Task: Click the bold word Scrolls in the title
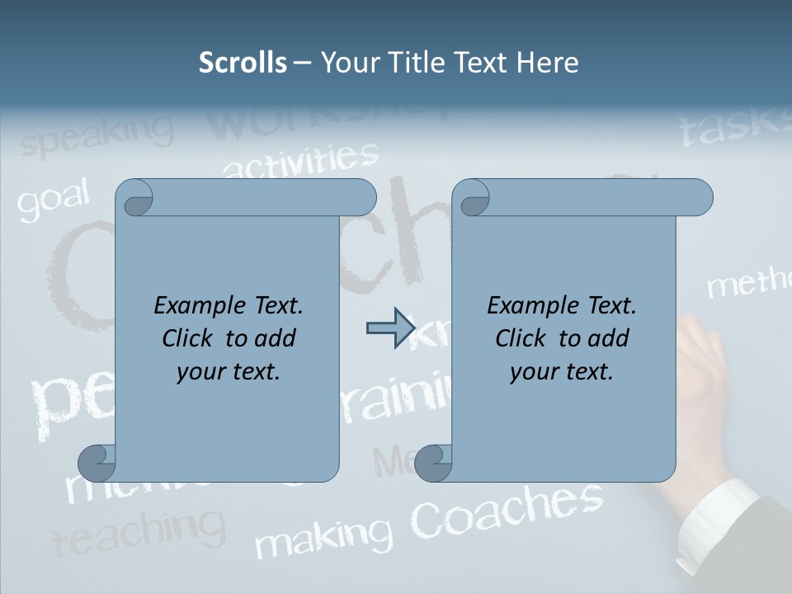tap(243, 63)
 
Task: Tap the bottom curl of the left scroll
tap(97, 464)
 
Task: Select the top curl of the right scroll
tap(473, 198)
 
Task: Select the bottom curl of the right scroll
tap(434, 464)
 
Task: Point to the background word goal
tap(53, 200)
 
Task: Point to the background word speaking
tap(97, 134)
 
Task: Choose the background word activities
tap(301, 159)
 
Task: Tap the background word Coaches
tap(507, 510)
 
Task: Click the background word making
tap(323, 537)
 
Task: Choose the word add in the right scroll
tap(608, 339)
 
